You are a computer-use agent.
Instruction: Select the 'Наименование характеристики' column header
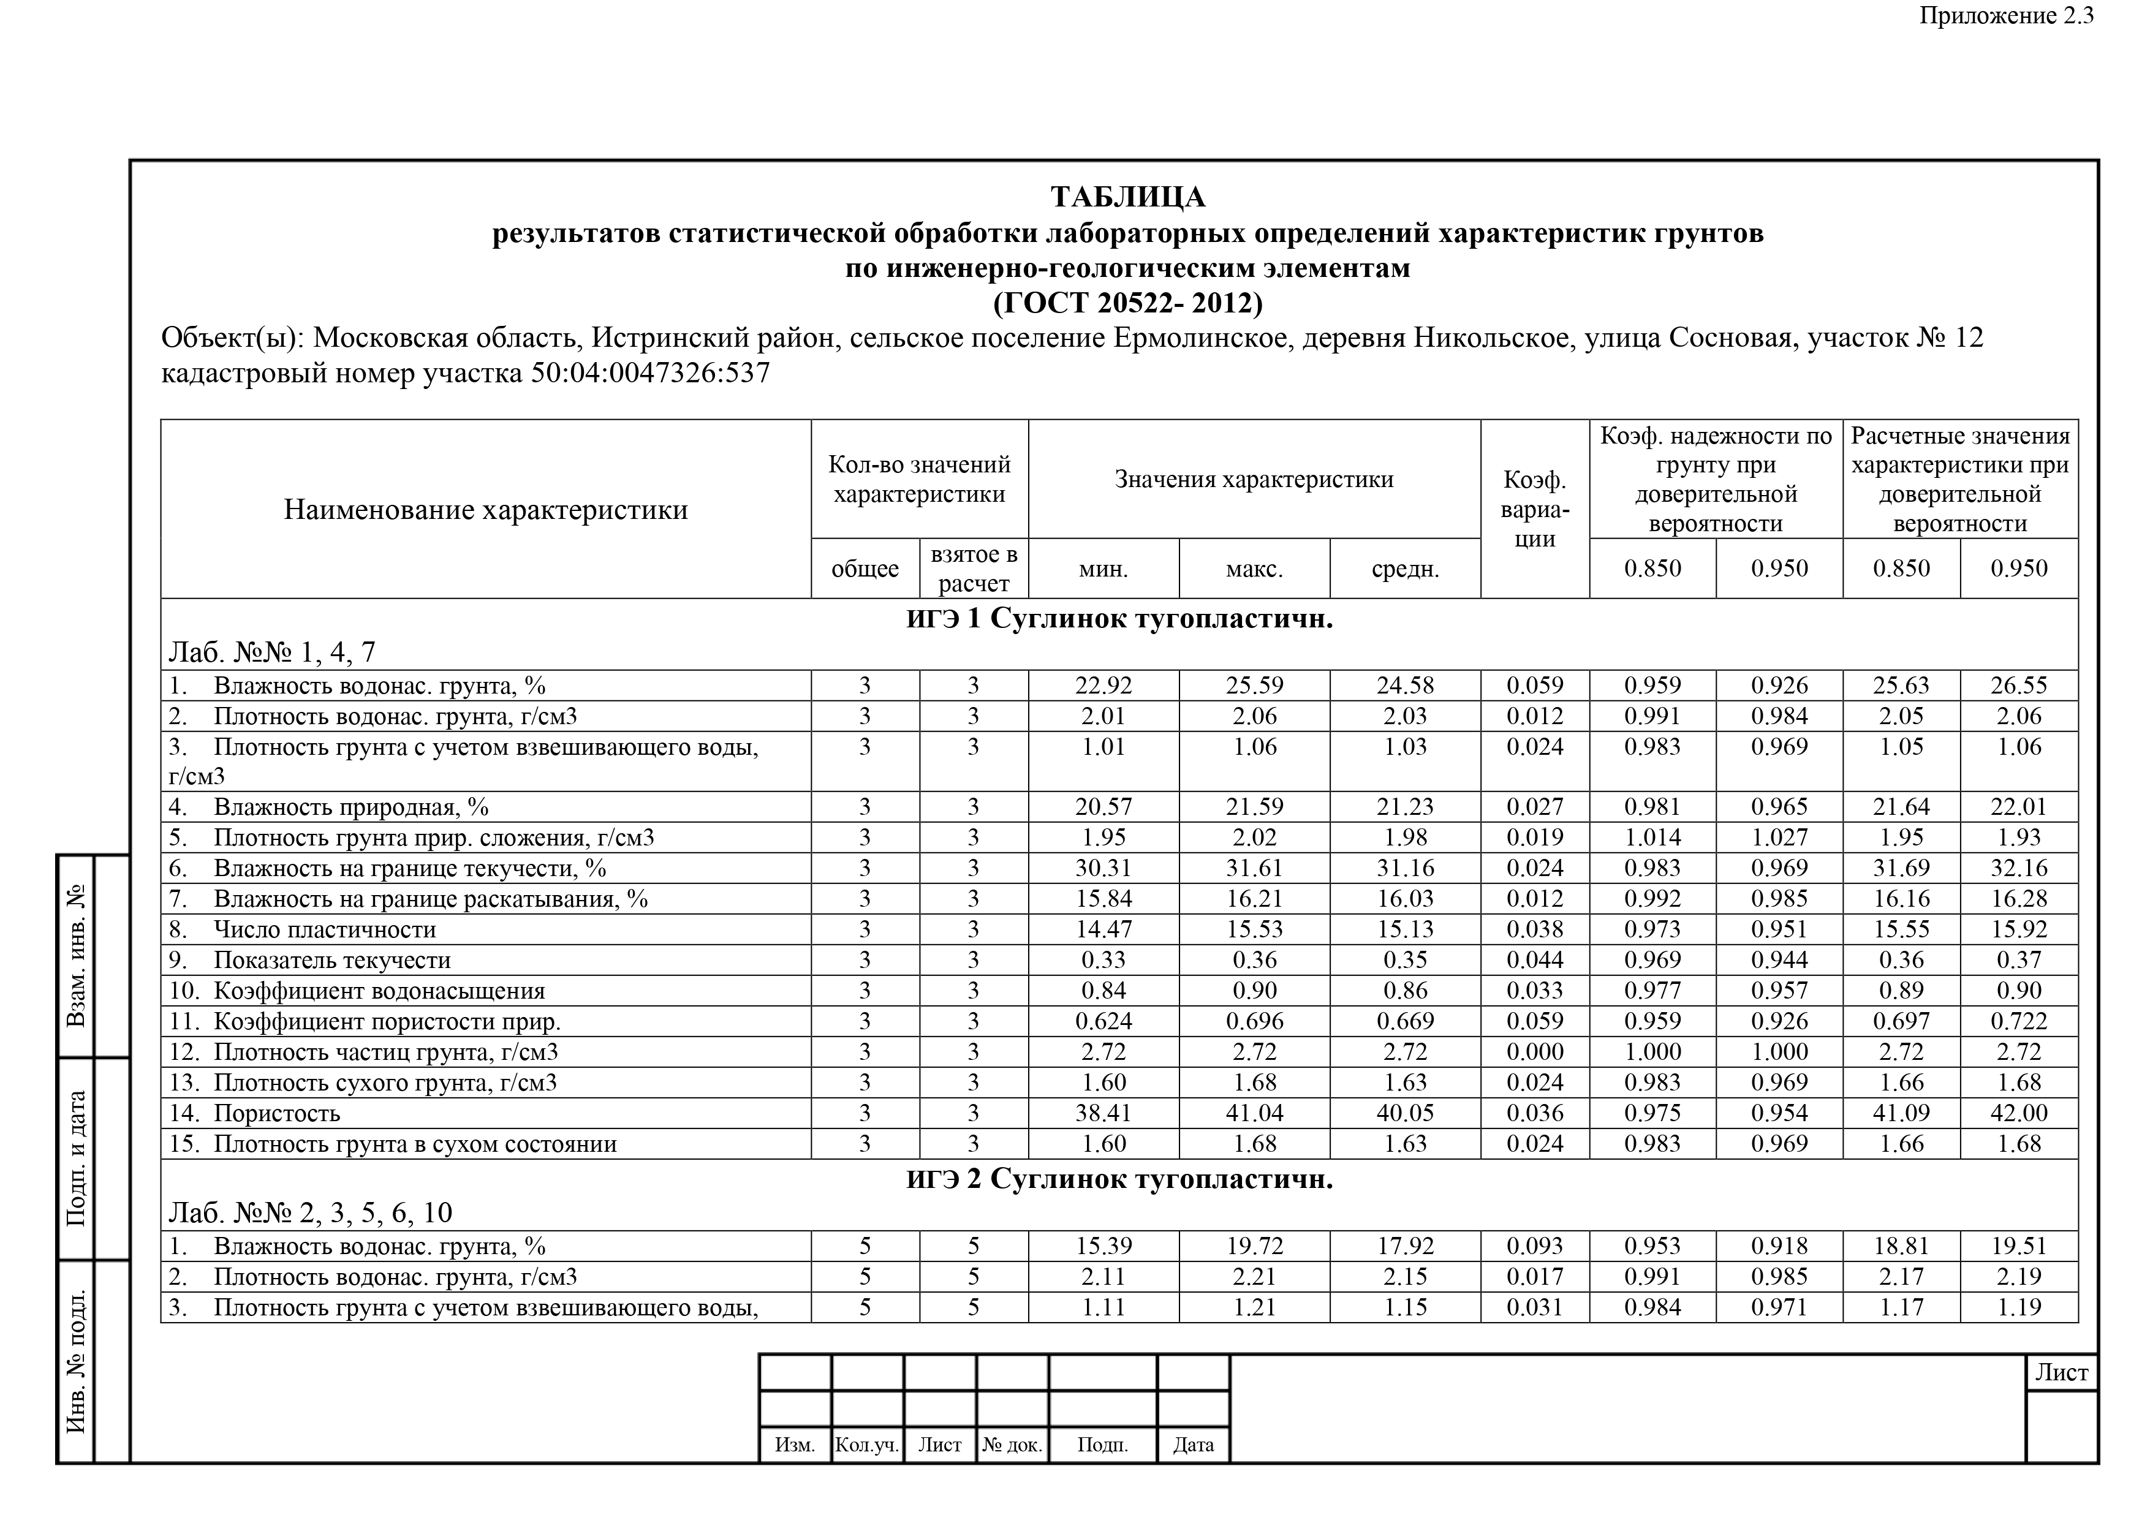pos(485,510)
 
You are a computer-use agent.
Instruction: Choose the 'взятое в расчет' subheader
pos(974,569)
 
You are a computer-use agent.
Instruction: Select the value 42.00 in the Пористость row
pos(2018,1113)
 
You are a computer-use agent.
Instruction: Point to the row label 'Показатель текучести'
pos(331,960)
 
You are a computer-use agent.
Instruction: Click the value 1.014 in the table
pos(1652,838)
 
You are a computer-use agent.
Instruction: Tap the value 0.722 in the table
pos(2018,1021)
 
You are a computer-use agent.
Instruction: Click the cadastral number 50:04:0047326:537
pos(650,374)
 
